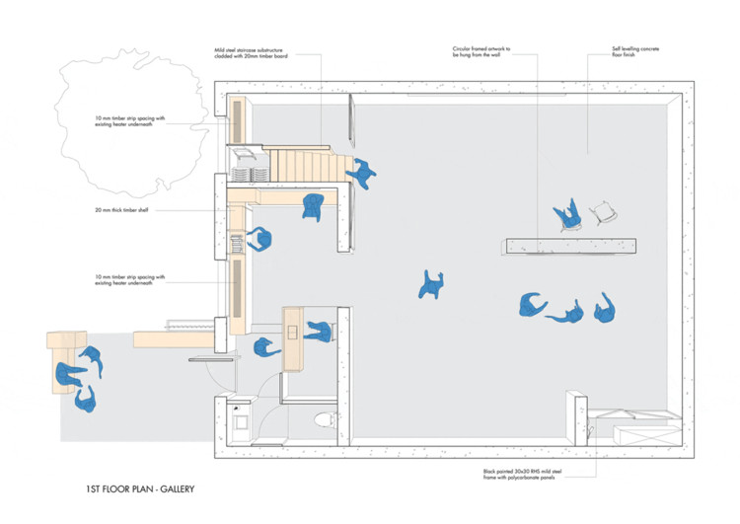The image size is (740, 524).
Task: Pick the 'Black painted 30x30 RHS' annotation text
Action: click(x=540, y=476)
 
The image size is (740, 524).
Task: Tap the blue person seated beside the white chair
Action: click(x=567, y=214)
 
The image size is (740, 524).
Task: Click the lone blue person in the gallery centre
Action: click(x=430, y=286)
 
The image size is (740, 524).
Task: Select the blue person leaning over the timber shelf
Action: click(x=261, y=240)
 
